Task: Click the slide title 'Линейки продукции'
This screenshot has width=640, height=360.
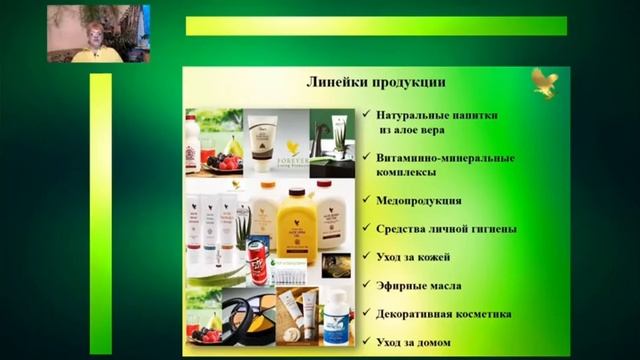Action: (376, 82)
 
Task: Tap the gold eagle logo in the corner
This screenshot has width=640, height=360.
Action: (545, 83)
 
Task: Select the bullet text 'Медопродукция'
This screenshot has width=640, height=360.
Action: (420, 200)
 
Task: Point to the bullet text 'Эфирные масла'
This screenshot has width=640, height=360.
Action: (419, 285)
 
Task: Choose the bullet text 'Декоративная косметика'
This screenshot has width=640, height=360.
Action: (445, 314)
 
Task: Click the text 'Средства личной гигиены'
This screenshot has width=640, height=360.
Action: (447, 229)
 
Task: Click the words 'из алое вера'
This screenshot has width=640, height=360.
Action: (412, 130)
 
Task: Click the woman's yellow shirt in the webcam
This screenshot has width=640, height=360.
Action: (95, 55)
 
